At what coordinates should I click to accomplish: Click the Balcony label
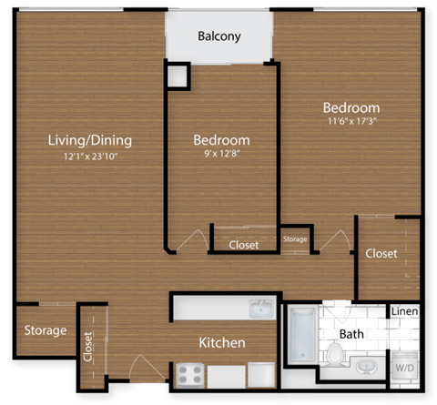pos(219,37)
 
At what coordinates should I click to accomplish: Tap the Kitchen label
pos(222,343)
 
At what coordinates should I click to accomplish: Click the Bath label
pos(351,334)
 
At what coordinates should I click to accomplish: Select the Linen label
pos(404,312)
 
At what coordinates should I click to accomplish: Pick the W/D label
pos(402,368)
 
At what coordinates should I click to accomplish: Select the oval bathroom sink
pos(368,366)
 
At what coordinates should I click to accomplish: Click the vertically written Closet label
pos(88,347)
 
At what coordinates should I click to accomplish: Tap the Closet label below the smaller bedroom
pos(243,245)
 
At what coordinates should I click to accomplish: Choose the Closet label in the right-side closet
pos(381,253)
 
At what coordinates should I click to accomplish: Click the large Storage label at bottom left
pos(45,329)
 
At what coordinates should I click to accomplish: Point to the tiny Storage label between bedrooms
pos(295,239)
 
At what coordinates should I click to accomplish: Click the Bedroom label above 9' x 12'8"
pos(221,140)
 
